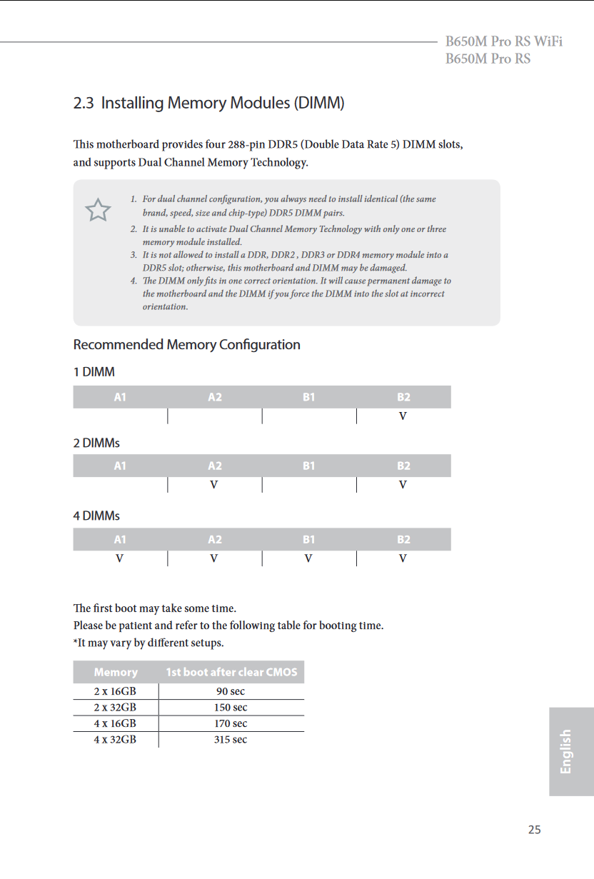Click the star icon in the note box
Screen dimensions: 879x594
click(x=98, y=210)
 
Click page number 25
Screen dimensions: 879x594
click(x=534, y=830)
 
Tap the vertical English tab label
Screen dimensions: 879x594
click(x=566, y=751)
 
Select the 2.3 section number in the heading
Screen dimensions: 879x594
click(x=84, y=104)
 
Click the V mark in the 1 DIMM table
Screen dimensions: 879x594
click(x=403, y=416)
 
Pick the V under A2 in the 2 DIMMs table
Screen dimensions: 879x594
click(x=213, y=485)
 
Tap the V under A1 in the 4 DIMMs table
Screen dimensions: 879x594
click(x=119, y=558)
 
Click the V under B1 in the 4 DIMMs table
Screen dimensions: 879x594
click(x=308, y=558)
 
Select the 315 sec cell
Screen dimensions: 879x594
click(x=231, y=740)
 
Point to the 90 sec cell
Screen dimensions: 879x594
click(x=231, y=691)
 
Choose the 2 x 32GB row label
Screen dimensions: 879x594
click(x=115, y=708)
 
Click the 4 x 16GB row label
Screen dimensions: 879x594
click(x=115, y=723)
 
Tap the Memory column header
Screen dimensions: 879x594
click(x=116, y=672)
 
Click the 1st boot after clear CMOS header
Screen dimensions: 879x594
click(x=231, y=672)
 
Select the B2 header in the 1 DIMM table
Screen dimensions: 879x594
click(x=403, y=397)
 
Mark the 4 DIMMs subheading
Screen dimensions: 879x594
click(x=96, y=516)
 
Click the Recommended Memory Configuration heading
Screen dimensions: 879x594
click(x=186, y=345)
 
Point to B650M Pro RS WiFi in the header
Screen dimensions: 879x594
click(x=503, y=41)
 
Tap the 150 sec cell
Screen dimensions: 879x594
click(x=231, y=708)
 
